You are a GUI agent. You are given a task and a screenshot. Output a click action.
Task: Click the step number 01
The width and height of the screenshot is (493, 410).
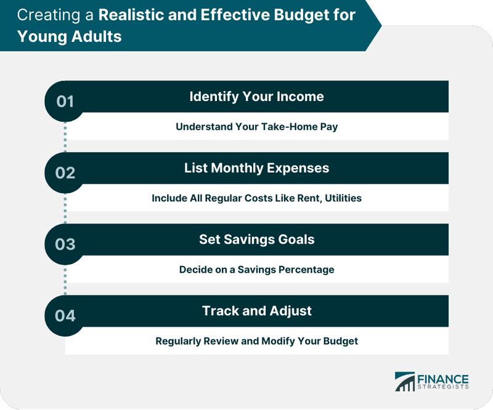(65, 101)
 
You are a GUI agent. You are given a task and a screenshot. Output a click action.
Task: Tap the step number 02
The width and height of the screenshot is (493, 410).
(65, 172)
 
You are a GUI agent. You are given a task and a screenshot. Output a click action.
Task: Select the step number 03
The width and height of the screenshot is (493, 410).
(65, 244)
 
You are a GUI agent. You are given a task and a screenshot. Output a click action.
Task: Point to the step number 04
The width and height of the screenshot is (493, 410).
(65, 316)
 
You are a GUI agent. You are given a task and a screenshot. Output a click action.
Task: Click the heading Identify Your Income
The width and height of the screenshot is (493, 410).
(256, 97)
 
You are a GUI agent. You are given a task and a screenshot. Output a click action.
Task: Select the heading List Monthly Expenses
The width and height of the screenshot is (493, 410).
(256, 168)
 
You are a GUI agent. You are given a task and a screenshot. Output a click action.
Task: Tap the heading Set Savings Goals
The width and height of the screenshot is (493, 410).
(256, 239)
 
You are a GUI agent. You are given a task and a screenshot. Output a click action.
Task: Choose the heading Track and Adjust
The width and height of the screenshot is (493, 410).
(256, 311)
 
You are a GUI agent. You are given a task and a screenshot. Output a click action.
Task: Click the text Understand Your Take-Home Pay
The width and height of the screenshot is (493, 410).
(256, 127)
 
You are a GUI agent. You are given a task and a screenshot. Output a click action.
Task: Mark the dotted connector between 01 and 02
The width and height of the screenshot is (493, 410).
(65, 137)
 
